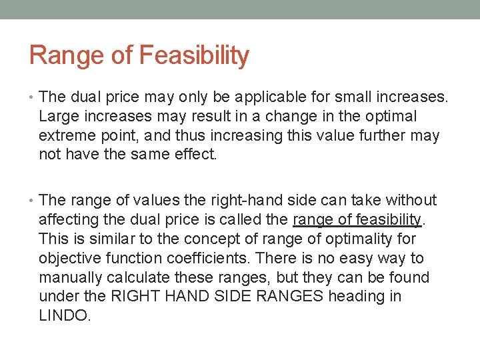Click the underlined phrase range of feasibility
[357, 219]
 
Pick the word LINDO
[64, 315]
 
